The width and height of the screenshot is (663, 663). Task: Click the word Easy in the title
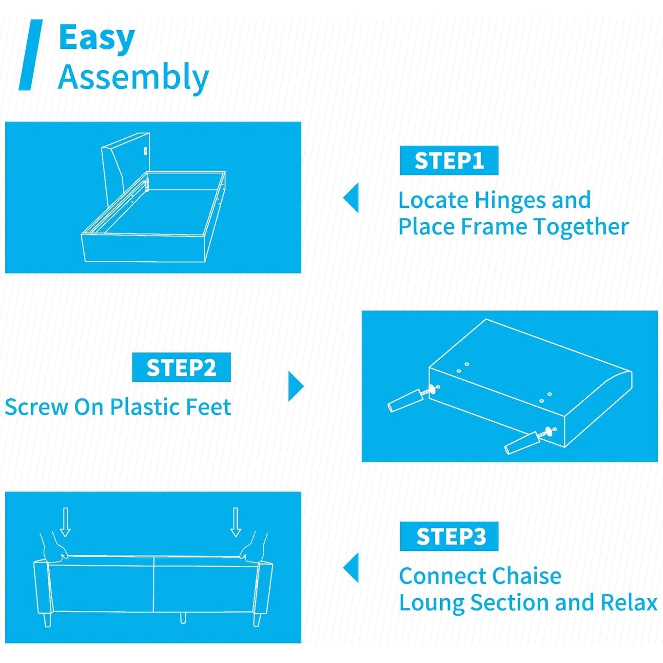pyautogui.click(x=97, y=39)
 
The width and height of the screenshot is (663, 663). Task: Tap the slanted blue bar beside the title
pyautogui.click(x=30, y=55)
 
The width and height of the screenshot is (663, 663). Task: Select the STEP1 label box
pyautogui.click(x=448, y=160)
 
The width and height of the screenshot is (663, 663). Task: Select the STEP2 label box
pyautogui.click(x=181, y=367)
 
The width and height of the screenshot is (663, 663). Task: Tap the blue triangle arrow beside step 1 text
pyautogui.click(x=351, y=197)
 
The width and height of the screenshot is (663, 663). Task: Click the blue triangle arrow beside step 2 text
pyautogui.click(x=296, y=387)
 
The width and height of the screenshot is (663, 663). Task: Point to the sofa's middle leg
pyautogui.click(x=183, y=618)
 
